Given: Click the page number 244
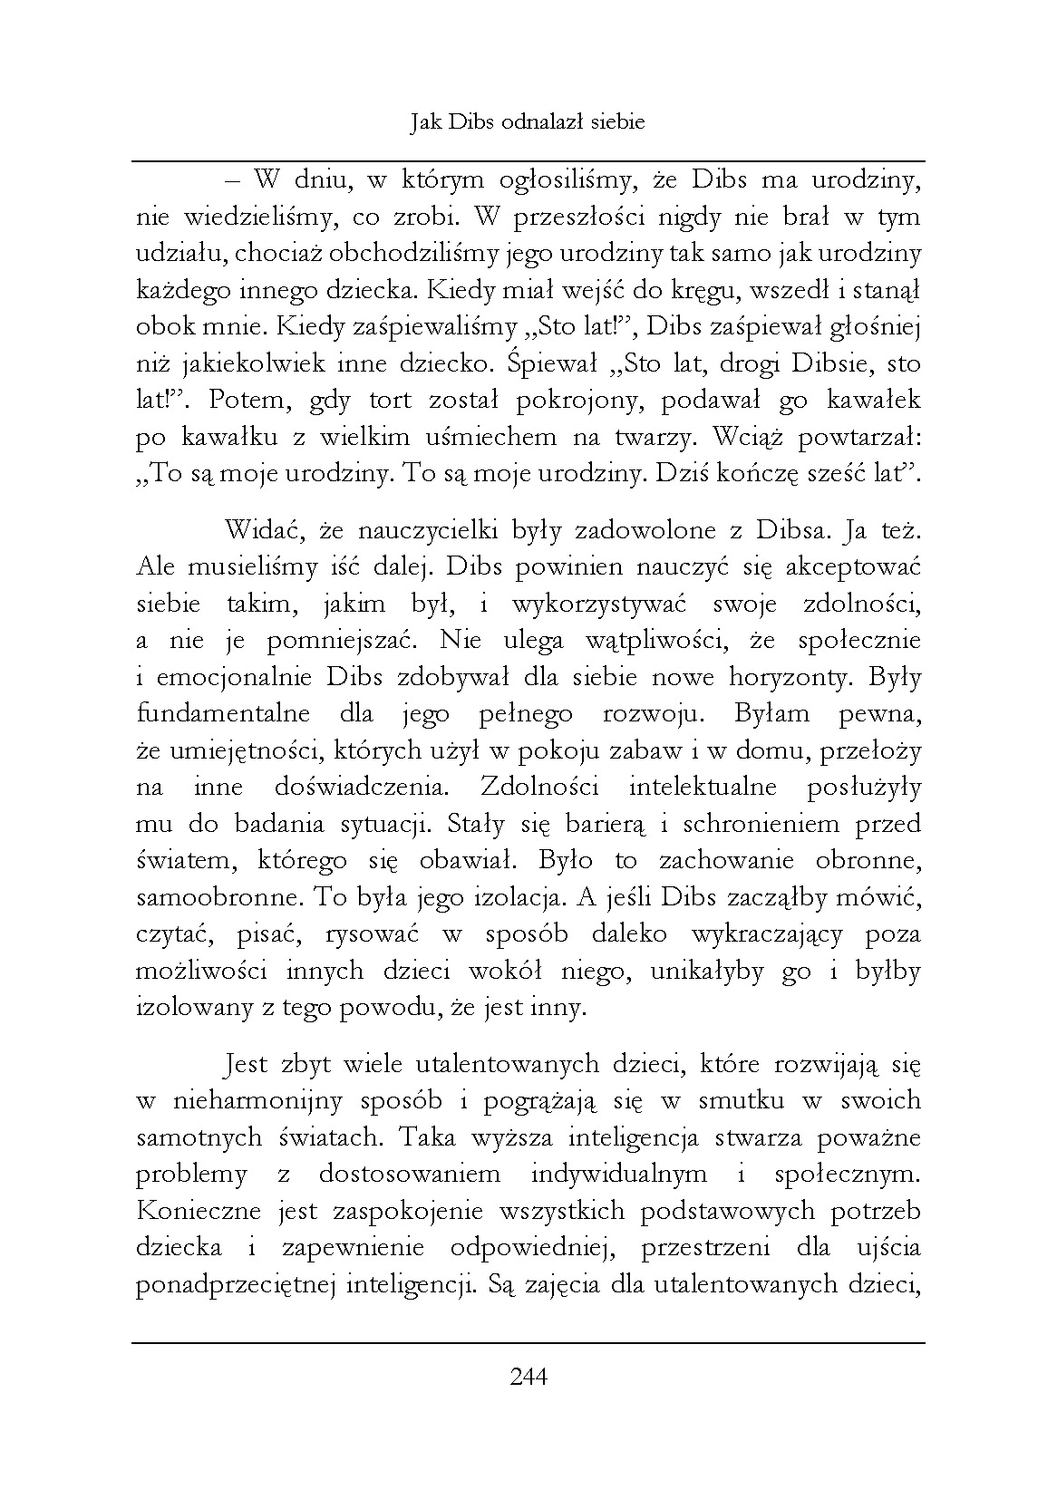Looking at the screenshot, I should (x=528, y=1378).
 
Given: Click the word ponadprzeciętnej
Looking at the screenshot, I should (x=235, y=1285).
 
